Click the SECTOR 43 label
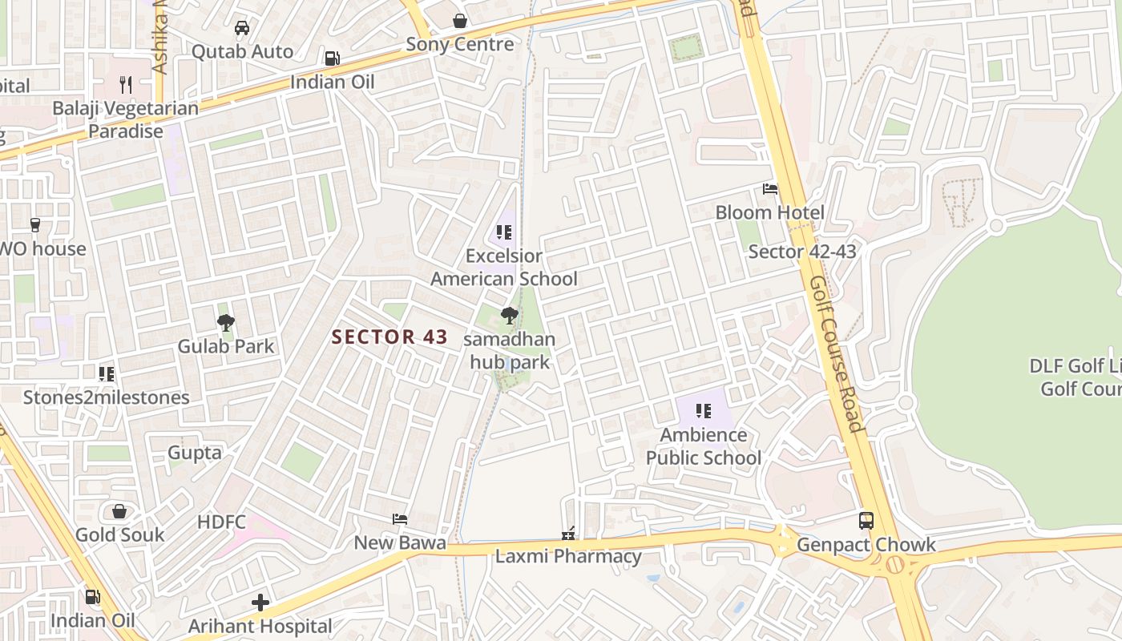coord(389,337)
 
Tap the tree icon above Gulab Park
coord(226,323)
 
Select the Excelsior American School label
coord(504,268)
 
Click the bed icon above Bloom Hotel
coord(770,189)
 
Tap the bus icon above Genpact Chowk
coord(866,521)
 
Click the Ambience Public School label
coord(704,446)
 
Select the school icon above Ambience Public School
coord(704,411)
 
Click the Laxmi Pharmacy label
coord(568,556)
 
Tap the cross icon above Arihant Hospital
coord(260,603)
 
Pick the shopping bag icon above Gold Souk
coord(119,511)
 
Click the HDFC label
coord(221,522)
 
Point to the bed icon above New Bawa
coord(400,519)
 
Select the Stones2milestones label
coord(107,397)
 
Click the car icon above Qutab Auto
coord(242,28)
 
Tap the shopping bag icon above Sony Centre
coord(460,21)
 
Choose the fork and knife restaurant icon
coord(125,83)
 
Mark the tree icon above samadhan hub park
coord(509,315)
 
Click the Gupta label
coord(195,453)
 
